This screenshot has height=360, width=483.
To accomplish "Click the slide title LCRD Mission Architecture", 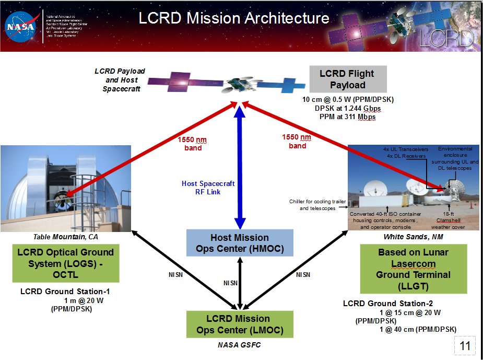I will [234, 19].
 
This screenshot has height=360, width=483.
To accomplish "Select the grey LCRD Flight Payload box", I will [347, 78].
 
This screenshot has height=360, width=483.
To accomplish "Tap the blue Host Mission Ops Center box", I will [240, 243].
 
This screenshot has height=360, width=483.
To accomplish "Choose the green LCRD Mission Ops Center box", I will [240, 324].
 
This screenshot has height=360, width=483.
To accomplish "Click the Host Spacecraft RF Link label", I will [208, 188].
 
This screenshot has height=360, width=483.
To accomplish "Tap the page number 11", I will [465, 345].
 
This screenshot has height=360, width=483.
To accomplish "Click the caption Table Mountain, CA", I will [65, 237].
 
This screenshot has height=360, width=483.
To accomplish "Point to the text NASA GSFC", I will [239, 345].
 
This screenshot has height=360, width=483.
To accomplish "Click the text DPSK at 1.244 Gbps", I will [347, 109].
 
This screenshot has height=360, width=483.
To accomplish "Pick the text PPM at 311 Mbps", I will [347, 117].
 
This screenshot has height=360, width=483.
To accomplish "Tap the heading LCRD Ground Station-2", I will [387, 304].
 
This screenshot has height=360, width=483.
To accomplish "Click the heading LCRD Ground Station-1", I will [65, 292].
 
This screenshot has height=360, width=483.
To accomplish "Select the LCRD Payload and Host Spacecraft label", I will [120, 80].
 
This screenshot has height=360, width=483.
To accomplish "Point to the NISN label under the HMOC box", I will [230, 283].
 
